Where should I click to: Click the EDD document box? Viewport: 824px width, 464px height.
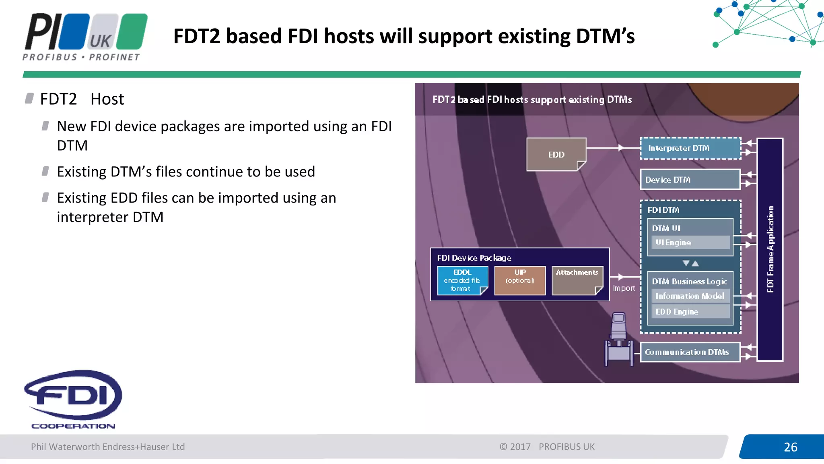(x=556, y=154)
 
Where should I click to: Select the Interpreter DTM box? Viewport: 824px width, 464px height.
(x=690, y=148)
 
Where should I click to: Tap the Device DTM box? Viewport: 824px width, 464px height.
(x=690, y=180)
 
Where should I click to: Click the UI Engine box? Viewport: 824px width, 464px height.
(x=690, y=242)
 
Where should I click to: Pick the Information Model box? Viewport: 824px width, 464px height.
(x=690, y=296)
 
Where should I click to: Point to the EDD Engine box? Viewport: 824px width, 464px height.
(x=690, y=311)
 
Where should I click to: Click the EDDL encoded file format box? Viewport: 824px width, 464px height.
(x=462, y=280)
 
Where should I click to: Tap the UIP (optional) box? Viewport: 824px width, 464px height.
(x=520, y=280)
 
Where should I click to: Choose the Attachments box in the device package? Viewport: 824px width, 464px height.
(x=577, y=280)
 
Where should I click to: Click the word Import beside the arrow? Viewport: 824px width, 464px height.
(x=624, y=288)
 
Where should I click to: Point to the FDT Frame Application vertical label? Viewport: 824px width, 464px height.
(x=770, y=249)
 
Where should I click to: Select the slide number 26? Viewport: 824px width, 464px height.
(x=790, y=447)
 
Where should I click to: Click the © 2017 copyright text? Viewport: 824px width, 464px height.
(x=515, y=447)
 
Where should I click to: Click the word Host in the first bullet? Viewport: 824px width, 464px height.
(x=107, y=99)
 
